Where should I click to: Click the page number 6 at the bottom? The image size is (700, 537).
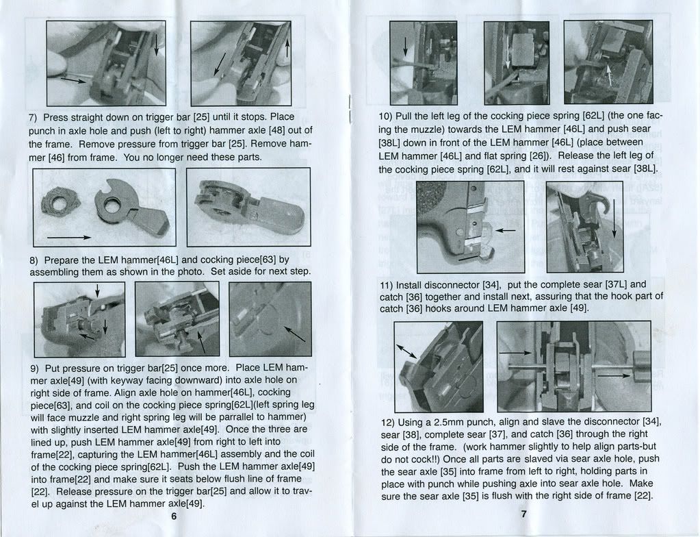[x=174, y=516]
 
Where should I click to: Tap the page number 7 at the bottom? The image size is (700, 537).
[x=523, y=514]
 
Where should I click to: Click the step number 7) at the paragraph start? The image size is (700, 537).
[x=34, y=117]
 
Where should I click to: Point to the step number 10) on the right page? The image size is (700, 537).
[x=387, y=116]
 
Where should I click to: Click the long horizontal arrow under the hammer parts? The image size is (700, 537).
[x=68, y=237]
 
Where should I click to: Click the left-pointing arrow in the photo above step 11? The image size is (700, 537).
[x=504, y=231]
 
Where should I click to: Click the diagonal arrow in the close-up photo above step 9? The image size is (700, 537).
[x=295, y=334]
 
